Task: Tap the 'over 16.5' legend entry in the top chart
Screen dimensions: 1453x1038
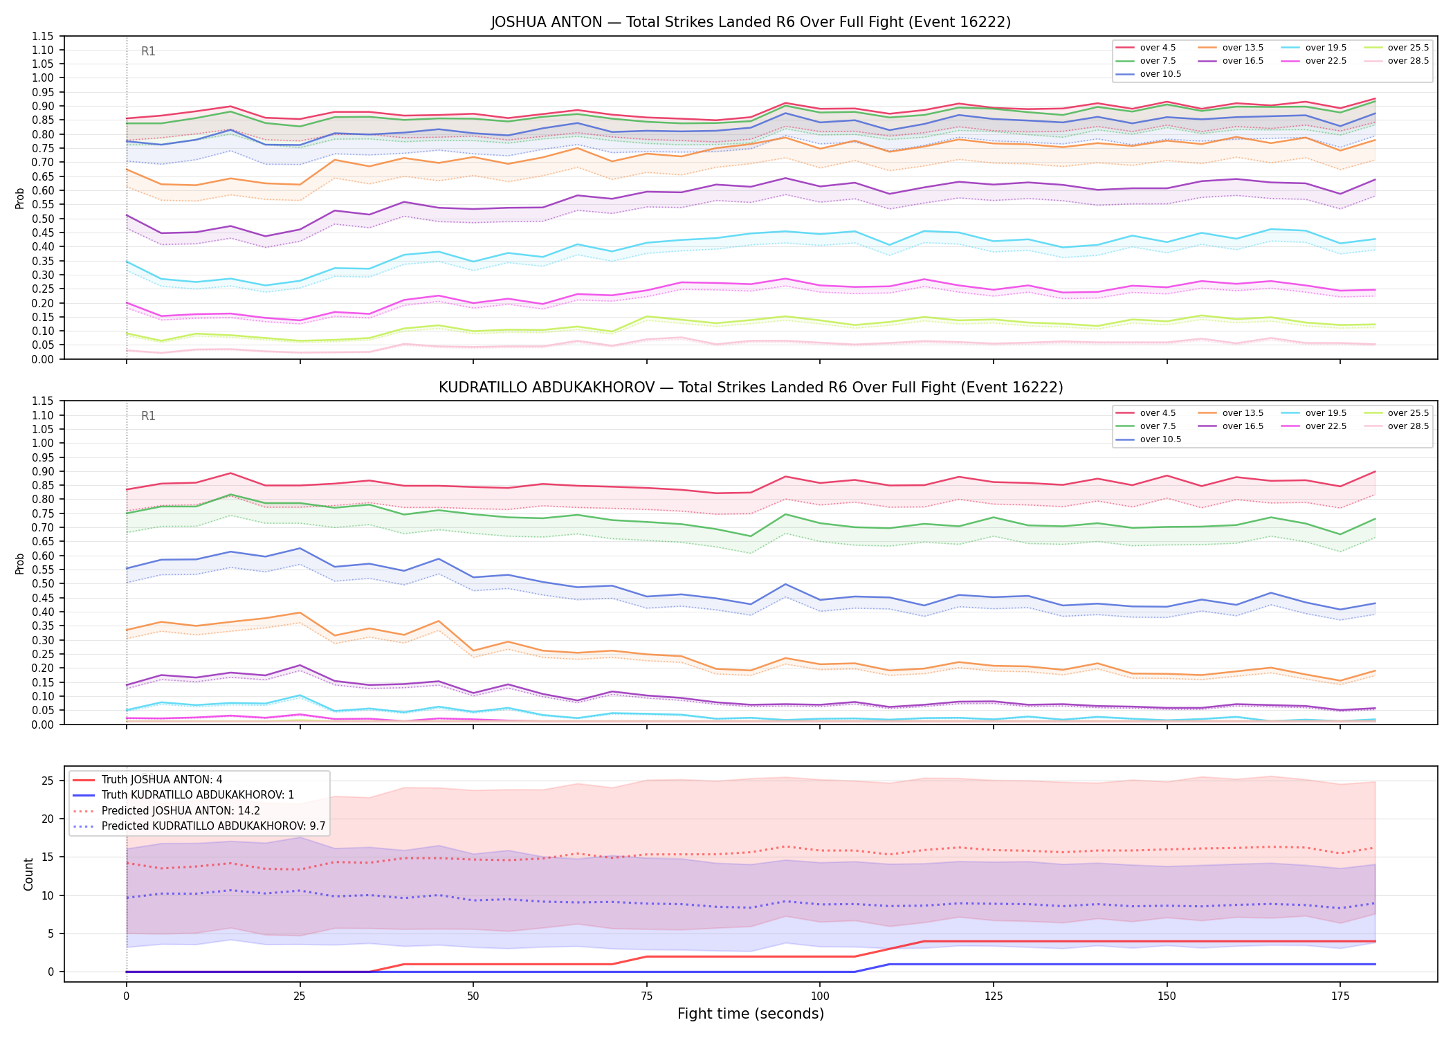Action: (1231, 61)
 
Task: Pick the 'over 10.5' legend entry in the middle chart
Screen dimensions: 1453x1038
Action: (1149, 439)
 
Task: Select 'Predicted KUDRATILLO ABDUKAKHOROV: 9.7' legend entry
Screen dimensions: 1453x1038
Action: (199, 826)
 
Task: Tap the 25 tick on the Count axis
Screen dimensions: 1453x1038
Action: (48, 781)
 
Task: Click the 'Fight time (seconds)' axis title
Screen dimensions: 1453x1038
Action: (751, 1014)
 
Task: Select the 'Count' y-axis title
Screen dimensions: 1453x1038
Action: (28, 874)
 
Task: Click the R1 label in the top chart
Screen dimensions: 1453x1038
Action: (148, 51)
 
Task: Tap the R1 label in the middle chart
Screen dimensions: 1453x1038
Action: (148, 416)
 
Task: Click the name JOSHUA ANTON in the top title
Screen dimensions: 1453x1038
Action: (547, 22)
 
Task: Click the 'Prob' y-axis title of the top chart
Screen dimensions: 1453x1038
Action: (20, 198)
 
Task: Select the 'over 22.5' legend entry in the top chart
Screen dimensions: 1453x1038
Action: (1314, 61)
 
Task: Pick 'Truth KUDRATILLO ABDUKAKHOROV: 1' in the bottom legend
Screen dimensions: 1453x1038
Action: (183, 795)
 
